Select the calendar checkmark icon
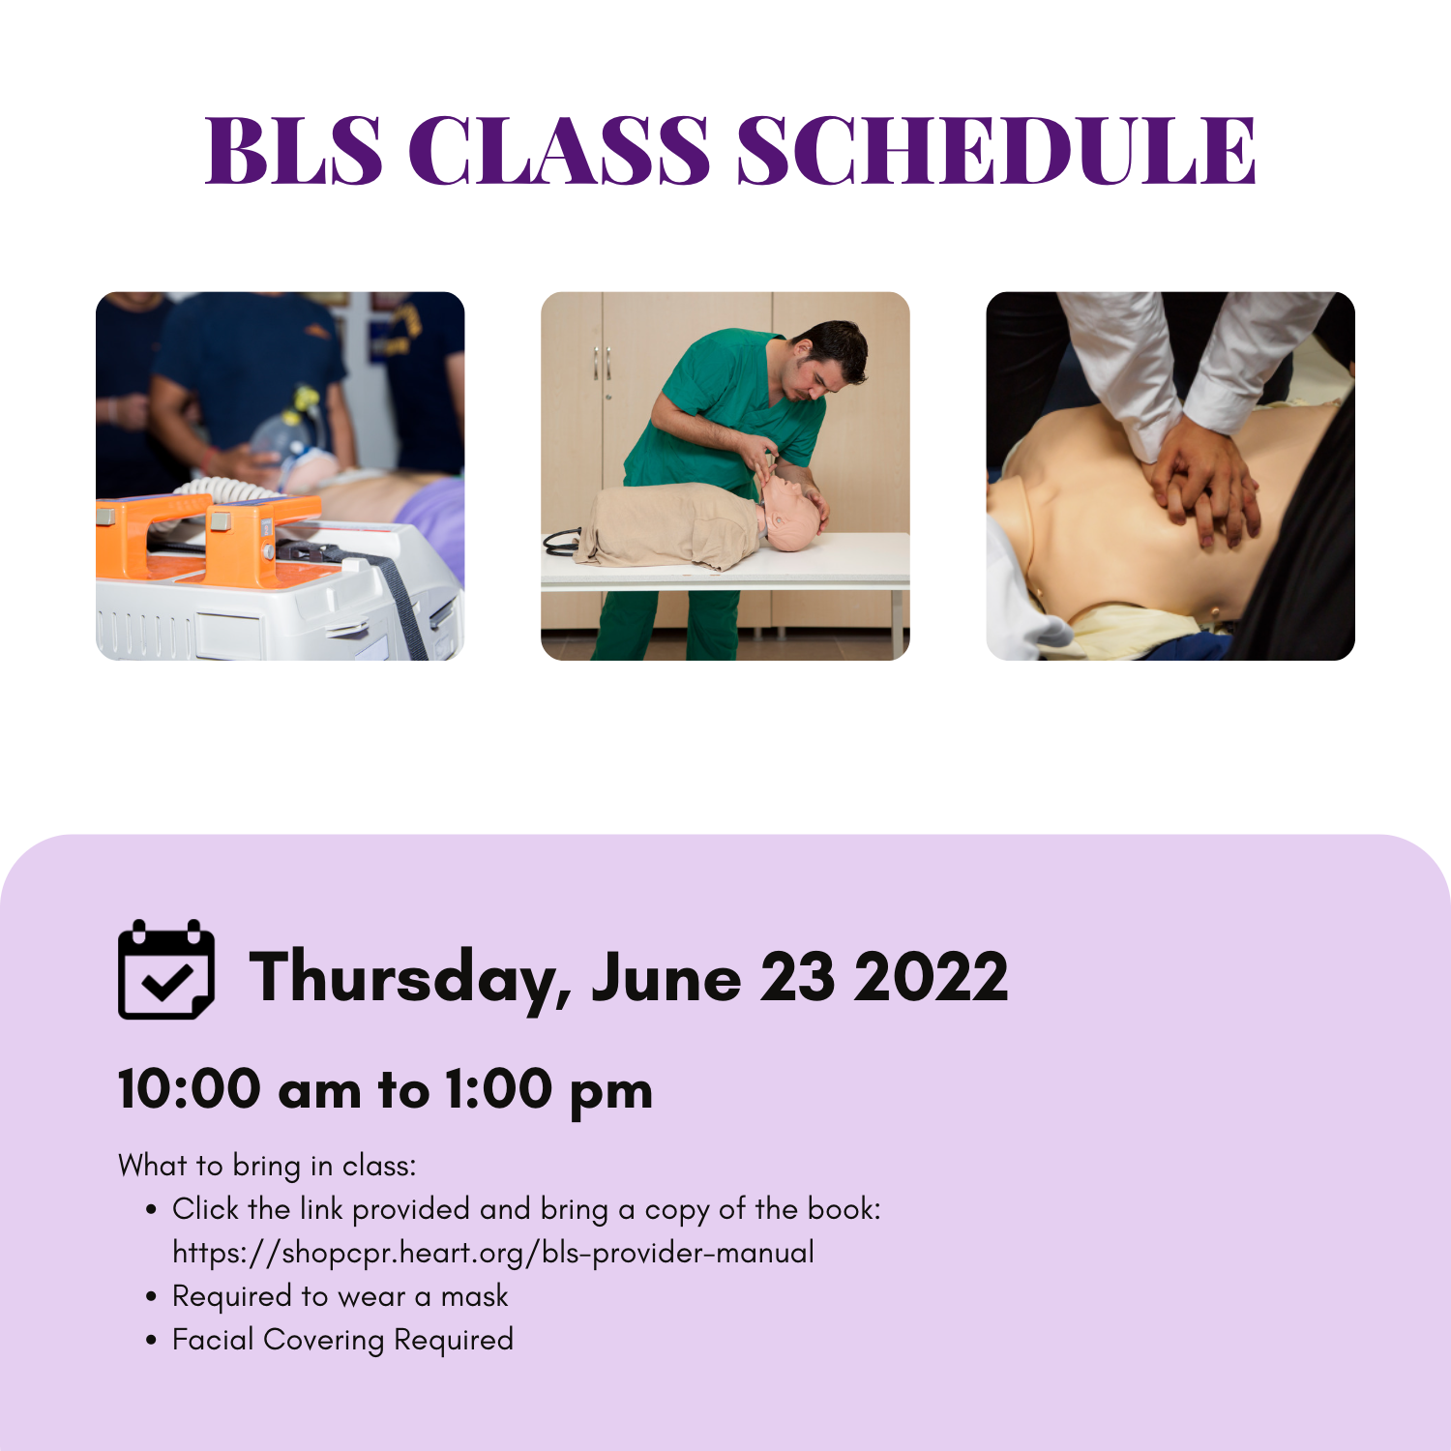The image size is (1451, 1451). (x=166, y=969)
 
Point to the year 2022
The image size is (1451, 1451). (x=931, y=977)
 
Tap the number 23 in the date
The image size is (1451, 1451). (x=797, y=977)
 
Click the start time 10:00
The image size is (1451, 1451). (x=190, y=1089)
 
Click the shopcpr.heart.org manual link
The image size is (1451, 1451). (x=493, y=1253)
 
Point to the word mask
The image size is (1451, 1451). (x=474, y=1296)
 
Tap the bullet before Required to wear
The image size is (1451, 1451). (x=151, y=1297)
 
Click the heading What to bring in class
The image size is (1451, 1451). (x=267, y=1166)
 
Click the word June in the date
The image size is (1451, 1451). (x=666, y=977)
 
